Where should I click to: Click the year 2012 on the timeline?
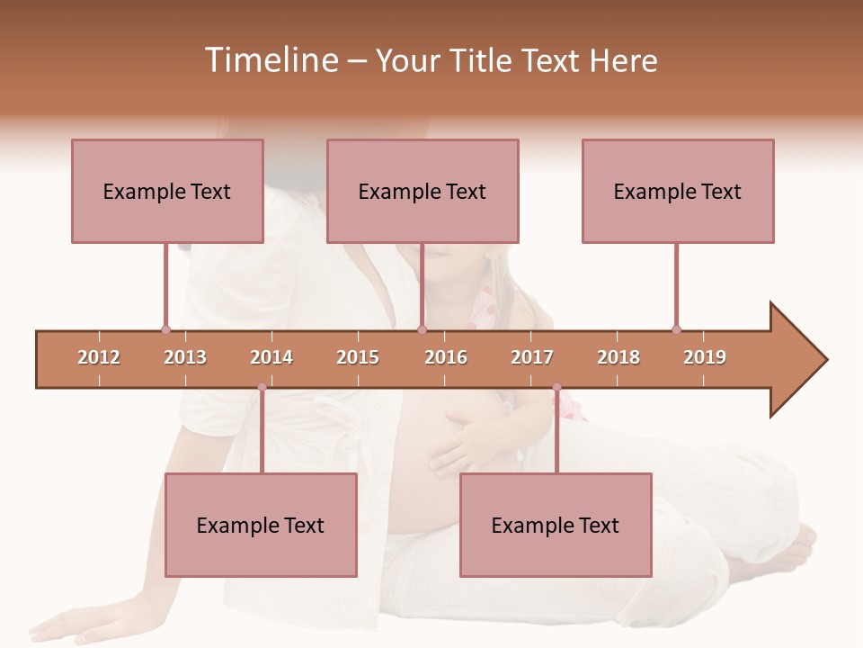[x=99, y=357]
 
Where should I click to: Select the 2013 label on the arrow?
[x=185, y=357]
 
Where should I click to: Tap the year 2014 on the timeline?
[x=271, y=357]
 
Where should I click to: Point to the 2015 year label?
[x=358, y=357]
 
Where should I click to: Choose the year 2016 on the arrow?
[x=446, y=357]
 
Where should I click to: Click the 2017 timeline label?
[x=532, y=357]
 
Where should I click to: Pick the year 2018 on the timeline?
[x=618, y=357]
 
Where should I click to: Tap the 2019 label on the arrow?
[x=705, y=357]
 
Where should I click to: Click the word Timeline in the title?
[x=270, y=60]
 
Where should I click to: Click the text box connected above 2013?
[x=167, y=191]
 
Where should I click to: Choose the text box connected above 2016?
[x=423, y=191]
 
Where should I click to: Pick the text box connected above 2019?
[x=678, y=191]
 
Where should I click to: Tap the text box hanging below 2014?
[x=261, y=525]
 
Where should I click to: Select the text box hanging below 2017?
[x=556, y=525]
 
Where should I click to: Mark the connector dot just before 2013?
[x=165, y=329]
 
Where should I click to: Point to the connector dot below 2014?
[x=262, y=387]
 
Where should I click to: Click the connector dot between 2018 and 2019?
[x=676, y=329]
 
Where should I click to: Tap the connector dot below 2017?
[x=556, y=387]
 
